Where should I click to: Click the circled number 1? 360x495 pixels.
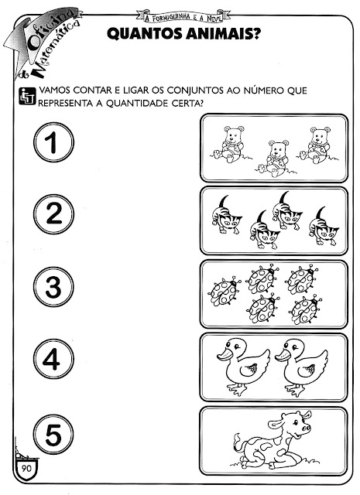pyautogui.click(x=53, y=142)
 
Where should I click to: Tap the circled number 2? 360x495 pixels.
pyautogui.click(x=53, y=214)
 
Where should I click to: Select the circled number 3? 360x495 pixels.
pyautogui.click(x=53, y=287)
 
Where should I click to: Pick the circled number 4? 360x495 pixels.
pyautogui.click(x=53, y=359)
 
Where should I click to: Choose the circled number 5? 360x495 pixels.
pyautogui.click(x=53, y=435)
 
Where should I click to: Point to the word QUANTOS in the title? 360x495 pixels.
pyautogui.click(x=145, y=34)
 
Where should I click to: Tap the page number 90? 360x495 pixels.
pyautogui.click(x=26, y=468)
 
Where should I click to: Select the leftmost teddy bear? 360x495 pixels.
pyautogui.click(x=230, y=144)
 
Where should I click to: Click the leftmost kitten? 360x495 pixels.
pyautogui.click(x=226, y=215)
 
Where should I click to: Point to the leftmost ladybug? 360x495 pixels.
pyautogui.click(x=224, y=292)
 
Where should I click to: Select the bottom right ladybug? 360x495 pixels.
pyautogui.click(x=305, y=309)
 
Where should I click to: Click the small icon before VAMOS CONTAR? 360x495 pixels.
pyautogui.click(x=27, y=96)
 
